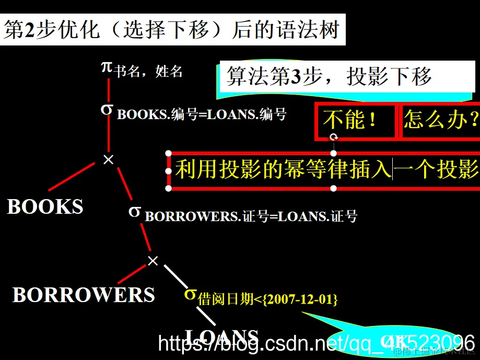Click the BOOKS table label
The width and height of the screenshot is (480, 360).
pyautogui.click(x=45, y=207)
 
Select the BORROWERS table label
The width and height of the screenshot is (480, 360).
pyautogui.click(x=84, y=295)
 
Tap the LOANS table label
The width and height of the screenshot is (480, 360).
pyautogui.click(x=222, y=336)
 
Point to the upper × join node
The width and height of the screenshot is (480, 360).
pyautogui.click(x=108, y=159)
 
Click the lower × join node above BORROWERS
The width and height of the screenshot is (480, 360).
pyautogui.click(x=153, y=261)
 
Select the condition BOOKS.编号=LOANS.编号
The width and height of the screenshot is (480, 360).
pyautogui.click(x=202, y=114)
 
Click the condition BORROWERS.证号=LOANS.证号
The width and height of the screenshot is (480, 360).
pyautogui.click(x=251, y=216)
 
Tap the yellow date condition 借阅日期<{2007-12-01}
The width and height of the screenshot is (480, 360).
pyautogui.click(x=268, y=299)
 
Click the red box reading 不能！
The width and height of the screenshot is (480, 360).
pyautogui.click(x=355, y=121)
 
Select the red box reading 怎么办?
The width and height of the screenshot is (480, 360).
pyautogui.click(x=440, y=121)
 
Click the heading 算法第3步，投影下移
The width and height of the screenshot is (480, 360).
pyautogui.click(x=329, y=77)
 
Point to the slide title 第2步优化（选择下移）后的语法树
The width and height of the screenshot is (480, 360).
pyautogui.click(x=172, y=30)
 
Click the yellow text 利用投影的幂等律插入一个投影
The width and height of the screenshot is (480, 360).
pyautogui.click(x=326, y=169)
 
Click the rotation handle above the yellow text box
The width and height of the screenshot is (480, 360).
pyautogui.click(x=334, y=137)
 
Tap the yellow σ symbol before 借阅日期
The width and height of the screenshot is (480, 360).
pyautogui.click(x=190, y=294)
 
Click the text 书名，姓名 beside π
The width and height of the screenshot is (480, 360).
pyautogui.click(x=148, y=72)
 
